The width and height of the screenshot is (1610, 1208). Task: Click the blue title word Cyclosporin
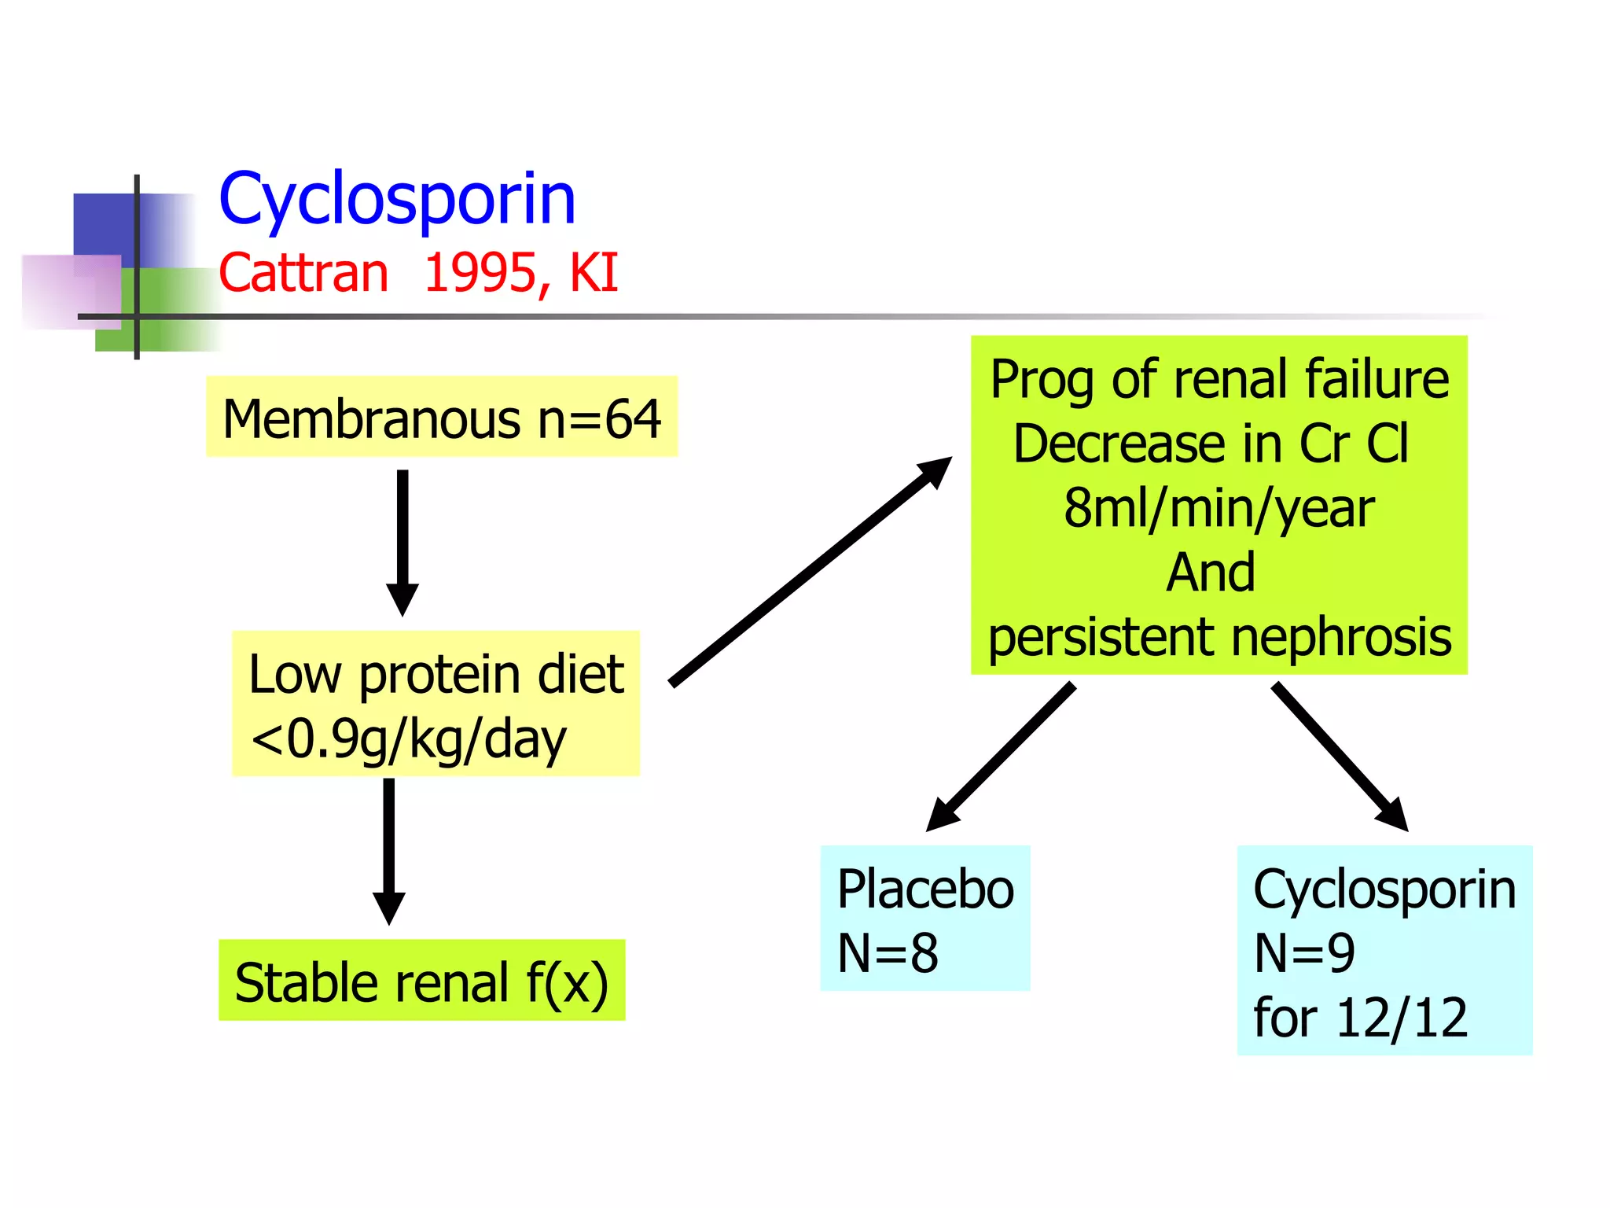coord(397,200)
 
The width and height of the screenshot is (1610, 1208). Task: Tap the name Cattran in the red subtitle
coord(303,273)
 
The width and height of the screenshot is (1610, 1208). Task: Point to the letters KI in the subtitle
coord(594,273)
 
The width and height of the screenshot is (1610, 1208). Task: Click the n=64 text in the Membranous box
coord(599,418)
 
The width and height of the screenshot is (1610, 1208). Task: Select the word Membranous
coord(371,418)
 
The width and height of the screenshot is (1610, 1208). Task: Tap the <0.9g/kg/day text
coord(409,739)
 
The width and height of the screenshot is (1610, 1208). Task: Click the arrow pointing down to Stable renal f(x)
coord(388,849)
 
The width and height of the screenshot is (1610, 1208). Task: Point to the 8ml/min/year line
coord(1219,508)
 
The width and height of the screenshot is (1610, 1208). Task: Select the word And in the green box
coord(1211,572)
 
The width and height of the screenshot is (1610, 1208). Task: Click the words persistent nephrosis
coord(1219,636)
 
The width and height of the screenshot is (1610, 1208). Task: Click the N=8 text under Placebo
coord(888,953)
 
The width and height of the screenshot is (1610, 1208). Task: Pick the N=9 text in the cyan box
coord(1304,953)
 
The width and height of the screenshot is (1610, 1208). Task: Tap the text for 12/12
coord(1360,1018)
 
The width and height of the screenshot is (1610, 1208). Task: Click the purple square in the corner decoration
coord(71,291)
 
